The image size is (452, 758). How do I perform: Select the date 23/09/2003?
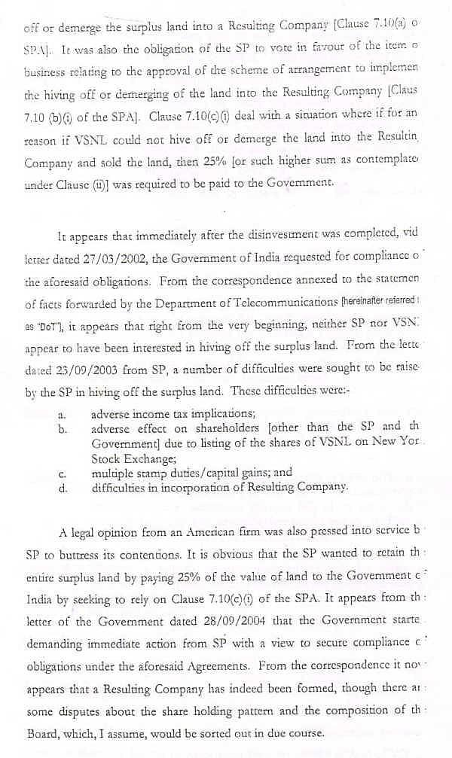click(x=78, y=372)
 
